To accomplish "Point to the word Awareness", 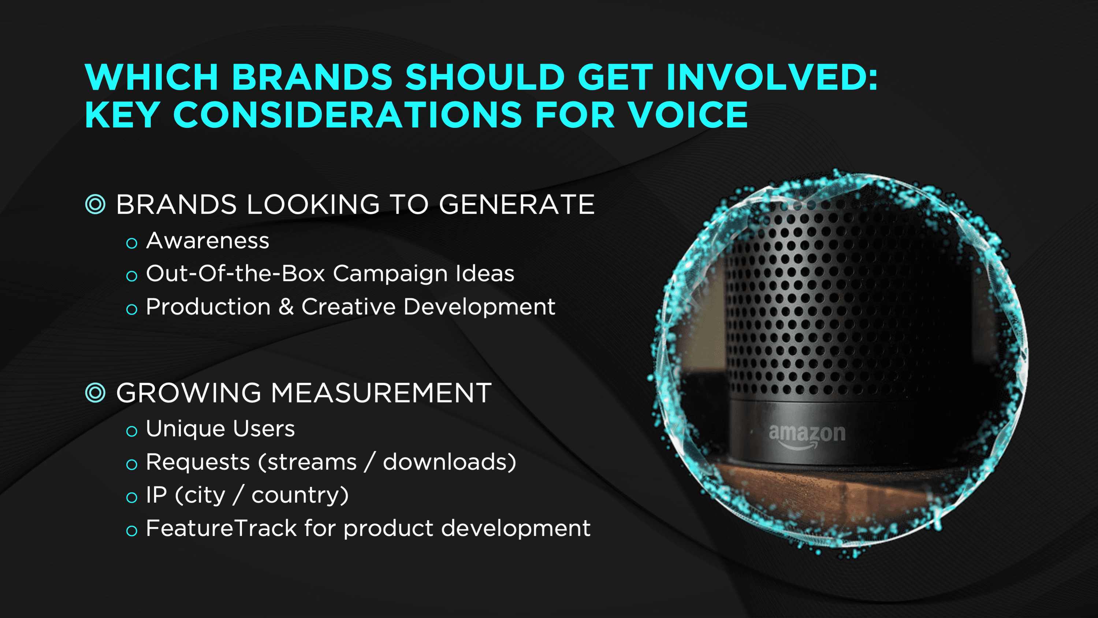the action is click(x=208, y=241).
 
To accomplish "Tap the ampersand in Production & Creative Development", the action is click(x=286, y=307).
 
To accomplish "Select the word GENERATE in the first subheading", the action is click(x=517, y=204).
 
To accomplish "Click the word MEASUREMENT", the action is click(x=381, y=393).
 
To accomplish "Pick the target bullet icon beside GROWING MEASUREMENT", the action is click(x=95, y=392).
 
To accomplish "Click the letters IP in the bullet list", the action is click(x=156, y=495).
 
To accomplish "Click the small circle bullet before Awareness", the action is click(x=132, y=243).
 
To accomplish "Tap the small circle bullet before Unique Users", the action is click(x=132, y=431).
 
